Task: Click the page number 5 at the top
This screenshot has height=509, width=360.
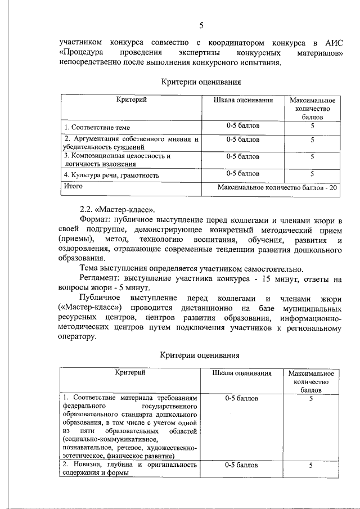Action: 201,25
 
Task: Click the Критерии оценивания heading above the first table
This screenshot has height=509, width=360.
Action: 201,82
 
